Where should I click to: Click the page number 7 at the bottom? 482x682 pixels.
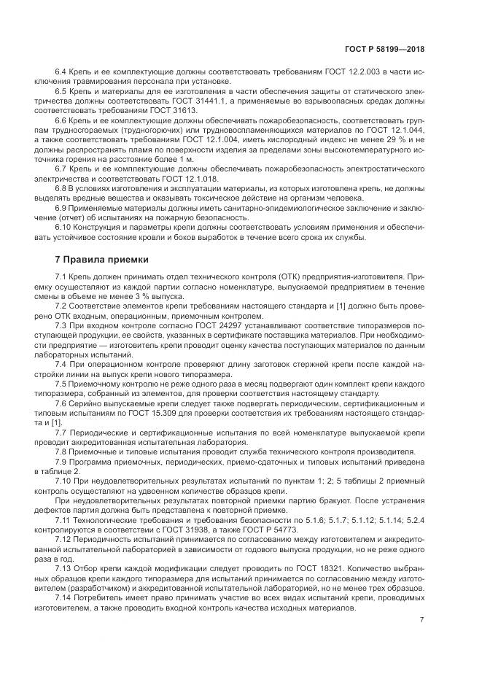click(421, 620)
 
